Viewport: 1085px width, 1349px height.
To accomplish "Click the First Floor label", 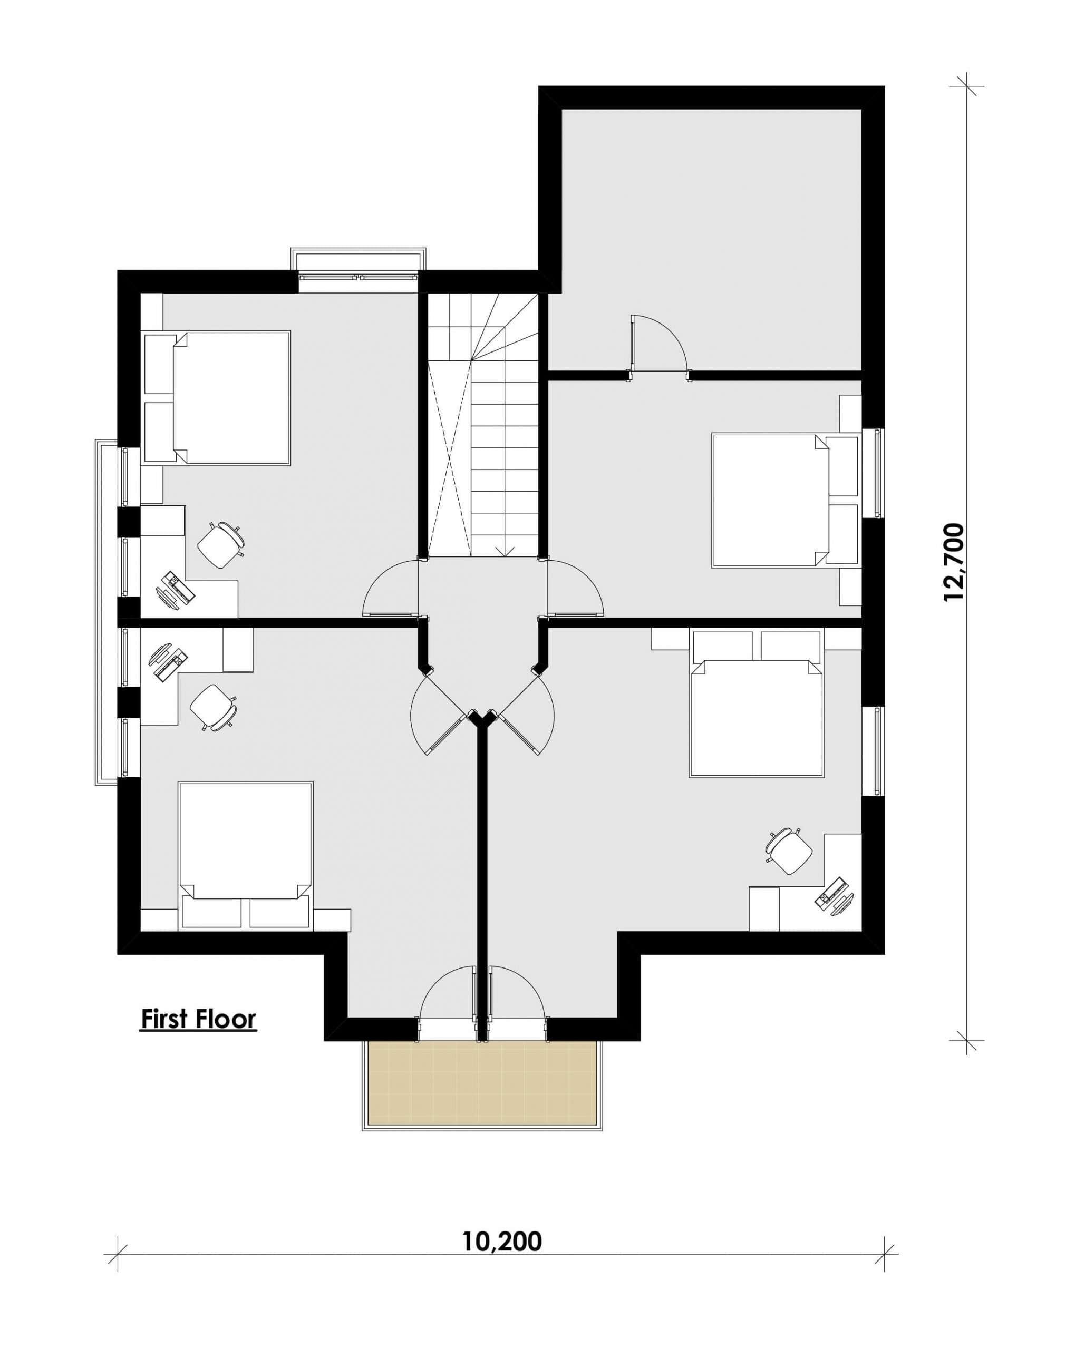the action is pos(198,1019).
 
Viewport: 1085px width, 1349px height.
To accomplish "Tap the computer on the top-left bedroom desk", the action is pos(176,589).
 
